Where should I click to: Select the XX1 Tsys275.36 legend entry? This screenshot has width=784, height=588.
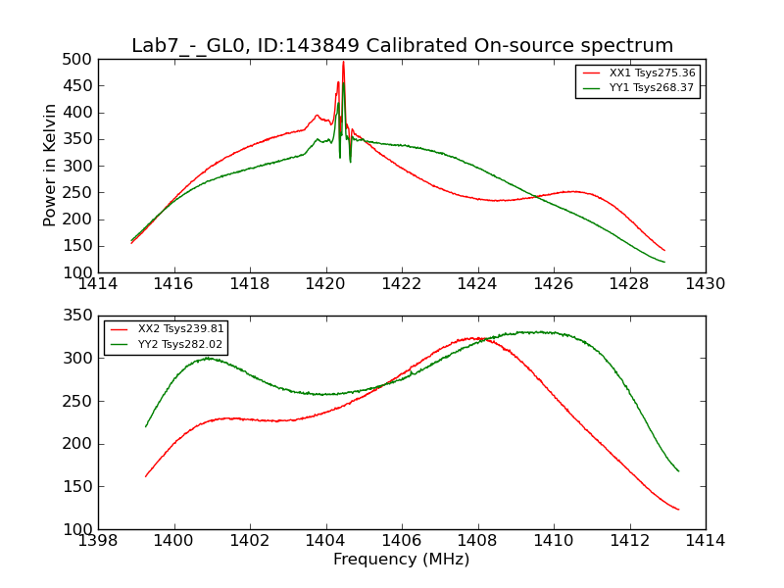point(652,73)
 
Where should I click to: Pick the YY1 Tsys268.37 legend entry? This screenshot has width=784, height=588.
point(652,88)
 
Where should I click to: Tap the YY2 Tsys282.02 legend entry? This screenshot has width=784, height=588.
point(180,344)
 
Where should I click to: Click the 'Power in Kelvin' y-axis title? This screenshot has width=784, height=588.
point(51,166)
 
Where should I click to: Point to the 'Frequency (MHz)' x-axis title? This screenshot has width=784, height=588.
point(402,560)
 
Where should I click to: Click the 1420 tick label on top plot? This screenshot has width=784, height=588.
point(325,284)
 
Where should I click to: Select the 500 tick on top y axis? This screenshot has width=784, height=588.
point(82,60)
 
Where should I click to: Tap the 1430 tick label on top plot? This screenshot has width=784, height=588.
point(706,284)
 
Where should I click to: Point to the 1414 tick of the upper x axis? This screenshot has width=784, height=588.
point(98,284)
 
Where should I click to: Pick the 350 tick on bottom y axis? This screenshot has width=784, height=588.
point(82,317)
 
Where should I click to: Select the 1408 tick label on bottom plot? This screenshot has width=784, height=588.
point(477,541)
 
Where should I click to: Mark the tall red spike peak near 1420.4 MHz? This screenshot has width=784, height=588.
point(343,62)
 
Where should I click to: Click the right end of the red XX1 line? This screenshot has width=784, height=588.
point(664,250)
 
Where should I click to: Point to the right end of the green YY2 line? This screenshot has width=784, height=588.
point(678,471)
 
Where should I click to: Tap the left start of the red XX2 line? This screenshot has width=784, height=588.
point(145,477)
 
